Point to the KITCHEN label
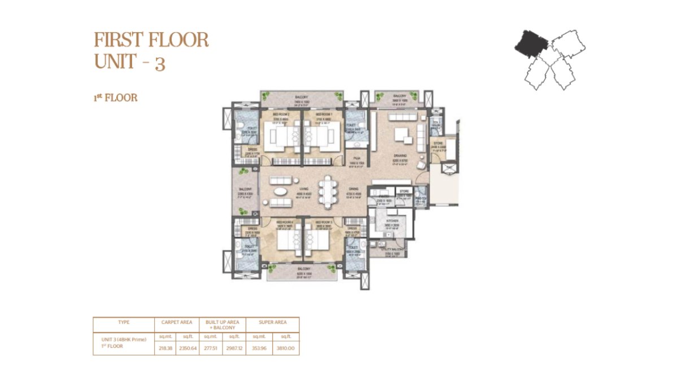pos(392,221)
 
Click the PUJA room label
pos(357,159)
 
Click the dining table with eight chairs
pos(326,192)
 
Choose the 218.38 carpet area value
pos(164,348)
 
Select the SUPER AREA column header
pos(273,322)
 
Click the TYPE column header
pos(124,322)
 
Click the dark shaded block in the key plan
pos(530,42)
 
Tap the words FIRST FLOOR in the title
pos(151,40)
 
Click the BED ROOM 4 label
pos(283,222)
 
